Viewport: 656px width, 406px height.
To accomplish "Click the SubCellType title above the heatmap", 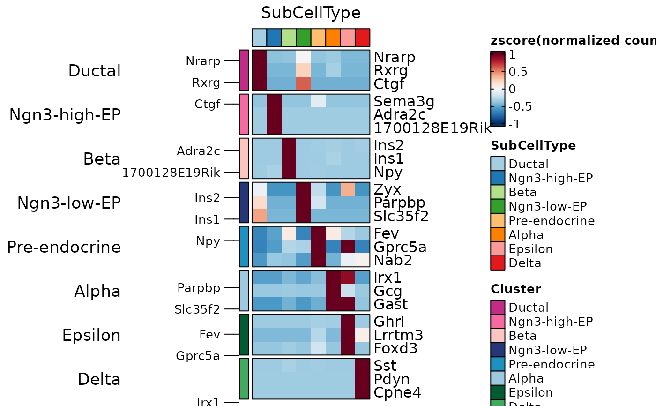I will [x=311, y=13].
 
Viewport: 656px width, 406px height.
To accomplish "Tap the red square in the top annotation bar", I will [x=363, y=38].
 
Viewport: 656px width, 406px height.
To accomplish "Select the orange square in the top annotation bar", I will [x=333, y=38].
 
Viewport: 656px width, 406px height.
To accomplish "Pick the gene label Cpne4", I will [x=397, y=392].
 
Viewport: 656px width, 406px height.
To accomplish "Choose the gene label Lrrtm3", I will [x=398, y=335].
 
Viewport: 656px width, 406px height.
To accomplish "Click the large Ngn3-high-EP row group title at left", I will [x=65, y=115].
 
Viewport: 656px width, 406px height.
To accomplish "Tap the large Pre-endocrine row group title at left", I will [x=64, y=247].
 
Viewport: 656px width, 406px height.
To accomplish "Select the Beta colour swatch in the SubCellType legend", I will [x=498, y=192].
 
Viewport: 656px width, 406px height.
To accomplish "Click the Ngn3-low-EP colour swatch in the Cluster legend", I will [x=498, y=350].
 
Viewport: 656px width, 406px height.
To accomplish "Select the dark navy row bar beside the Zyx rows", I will [x=244, y=203].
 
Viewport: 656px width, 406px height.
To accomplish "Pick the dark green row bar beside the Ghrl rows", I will [x=244, y=335].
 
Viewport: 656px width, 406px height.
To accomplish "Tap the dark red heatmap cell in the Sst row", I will [x=363, y=366].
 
